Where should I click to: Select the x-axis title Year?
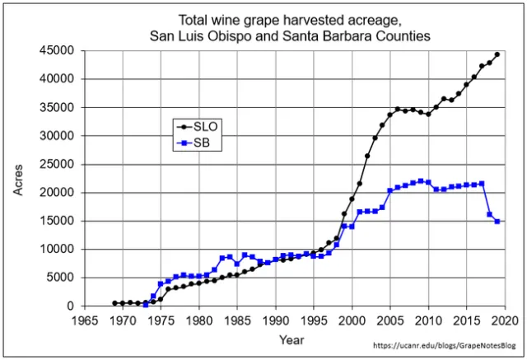pos(291,339)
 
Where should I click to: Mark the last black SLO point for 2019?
pos(497,54)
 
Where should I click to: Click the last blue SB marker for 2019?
pos(497,222)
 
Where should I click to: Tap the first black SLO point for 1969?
pos(114,303)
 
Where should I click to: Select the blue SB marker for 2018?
pos(489,214)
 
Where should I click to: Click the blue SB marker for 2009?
pos(421,181)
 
